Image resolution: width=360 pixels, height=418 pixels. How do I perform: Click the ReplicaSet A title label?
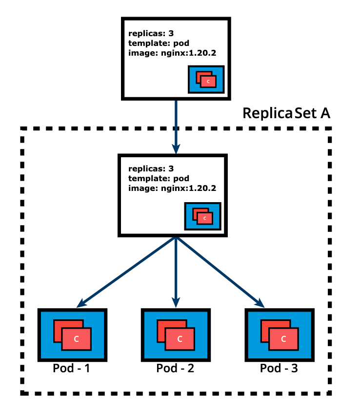click(286, 113)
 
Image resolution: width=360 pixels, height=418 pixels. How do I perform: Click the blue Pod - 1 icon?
click(72, 334)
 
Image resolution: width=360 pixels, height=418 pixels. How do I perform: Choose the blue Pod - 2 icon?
click(176, 334)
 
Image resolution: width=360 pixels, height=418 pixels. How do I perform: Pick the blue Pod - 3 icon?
click(279, 334)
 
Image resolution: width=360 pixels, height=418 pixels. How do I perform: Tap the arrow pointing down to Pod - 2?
click(176, 271)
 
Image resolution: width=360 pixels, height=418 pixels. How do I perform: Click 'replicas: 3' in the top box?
click(150, 34)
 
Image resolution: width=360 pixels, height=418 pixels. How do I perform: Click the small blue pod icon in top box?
click(206, 80)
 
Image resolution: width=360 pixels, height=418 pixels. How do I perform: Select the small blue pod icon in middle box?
click(202, 216)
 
